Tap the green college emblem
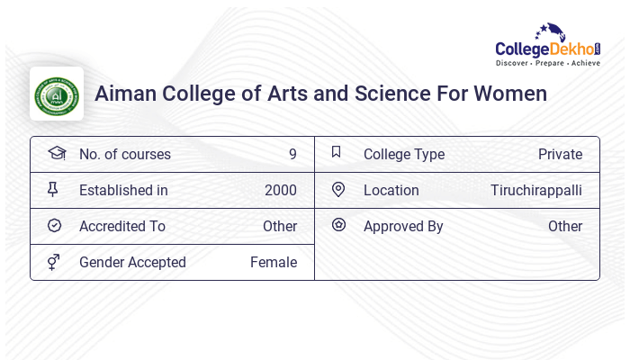[x=57, y=94]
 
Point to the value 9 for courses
[x=292, y=154]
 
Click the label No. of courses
[x=125, y=154]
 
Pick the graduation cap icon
[x=56, y=153]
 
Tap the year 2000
[x=281, y=190]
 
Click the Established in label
[x=123, y=190]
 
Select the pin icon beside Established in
[x=53, y=189]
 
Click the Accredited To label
[x=122, y=226]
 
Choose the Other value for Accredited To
[x=280, y=226]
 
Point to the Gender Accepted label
[x=132, y=262]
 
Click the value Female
[x=274, y=262]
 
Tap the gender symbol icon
[x=54, y=262]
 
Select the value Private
[x=560, y=154]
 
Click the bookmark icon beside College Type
[x=337, y=152]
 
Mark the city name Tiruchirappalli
[x=536, y=190]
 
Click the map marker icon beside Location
[x=338, y=189]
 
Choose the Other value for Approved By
[x=565, y=226]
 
